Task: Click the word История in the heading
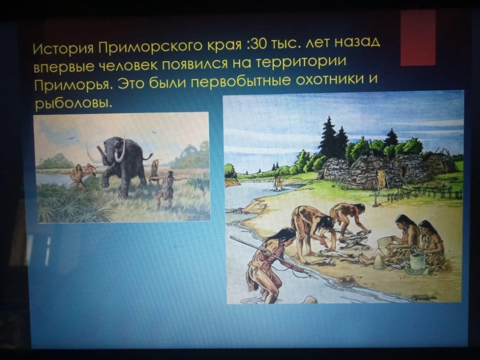(x=63, y=49)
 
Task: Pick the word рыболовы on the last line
(x=72, y=104)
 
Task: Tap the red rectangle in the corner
(x=418, y=37)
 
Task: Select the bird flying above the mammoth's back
(x=154, y=132)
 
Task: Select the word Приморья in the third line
(x=72, y=85)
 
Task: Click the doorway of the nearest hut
(x=382, y=179)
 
